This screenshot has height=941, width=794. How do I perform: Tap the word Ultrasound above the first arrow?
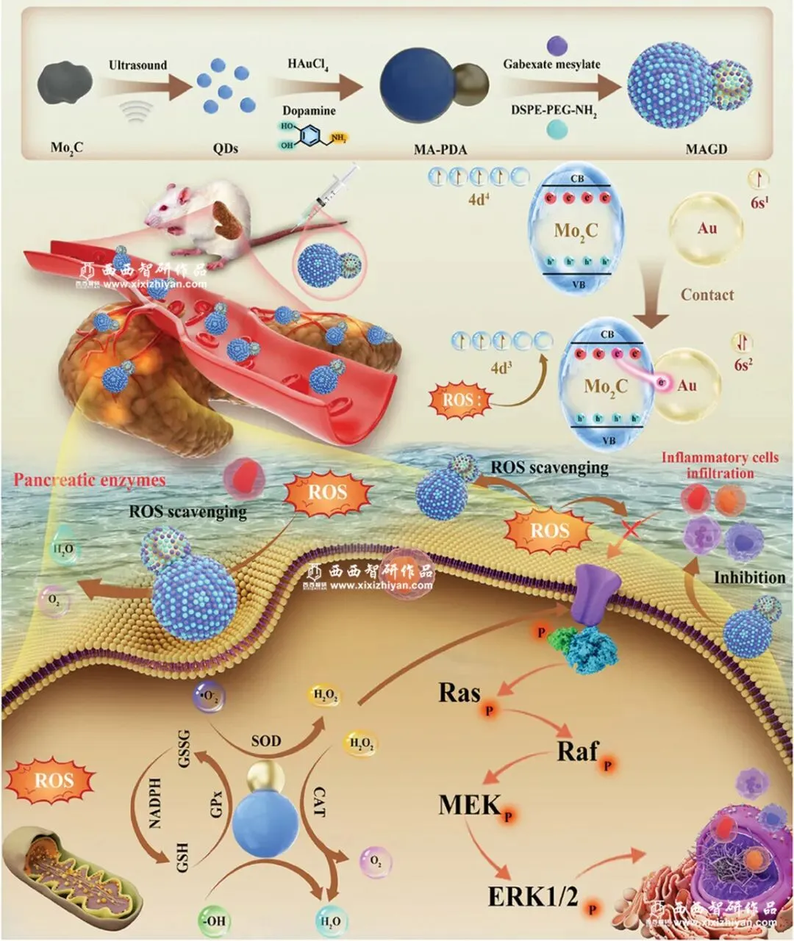pyautogui.click(x=137, y=65)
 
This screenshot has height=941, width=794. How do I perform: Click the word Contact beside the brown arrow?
pyautogui.click(x=707, y=295)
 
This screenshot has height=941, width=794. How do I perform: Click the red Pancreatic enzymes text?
pyautogui.click(x=87, y=480)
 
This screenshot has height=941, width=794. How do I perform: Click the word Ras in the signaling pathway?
pyautogui.click(x=459, y=693)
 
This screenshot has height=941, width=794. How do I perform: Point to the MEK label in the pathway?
pyautogui.click(x=469, y=804)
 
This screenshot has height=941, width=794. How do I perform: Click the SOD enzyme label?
pyautogui.click(x=265, y=740)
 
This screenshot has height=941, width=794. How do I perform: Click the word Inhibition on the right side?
pyautogui.click(x=749, y=577)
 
